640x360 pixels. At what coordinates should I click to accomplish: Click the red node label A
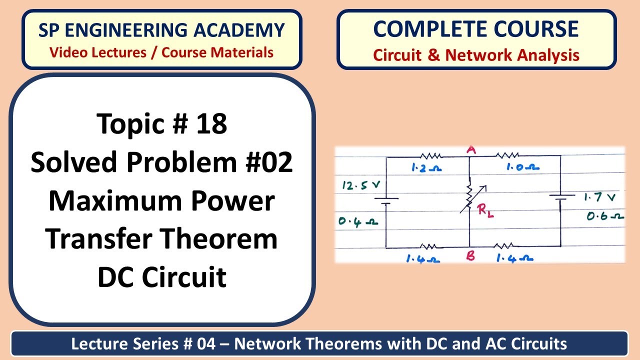[470, 150]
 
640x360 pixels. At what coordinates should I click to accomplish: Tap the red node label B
[470, 256]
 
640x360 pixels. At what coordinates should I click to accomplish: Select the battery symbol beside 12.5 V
[386, 201]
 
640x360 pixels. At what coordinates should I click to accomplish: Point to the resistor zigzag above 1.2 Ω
[429, 156]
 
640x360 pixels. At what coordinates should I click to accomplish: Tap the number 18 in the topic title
[211, 123]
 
